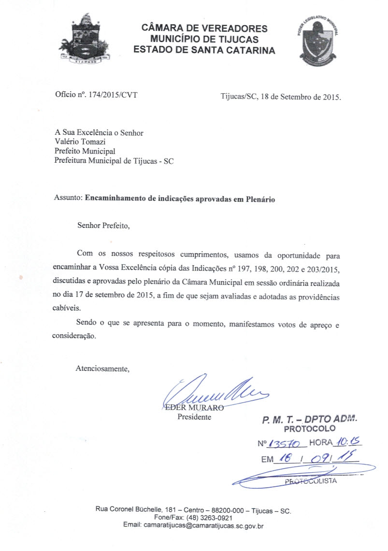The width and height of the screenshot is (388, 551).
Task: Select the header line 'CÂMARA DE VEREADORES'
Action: click(204, 28)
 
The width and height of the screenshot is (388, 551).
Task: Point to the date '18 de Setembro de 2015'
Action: click(301, 96)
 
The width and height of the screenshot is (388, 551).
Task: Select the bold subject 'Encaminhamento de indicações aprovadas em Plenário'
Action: click(180, 199)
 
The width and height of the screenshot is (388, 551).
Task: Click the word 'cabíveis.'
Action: click(67, 307)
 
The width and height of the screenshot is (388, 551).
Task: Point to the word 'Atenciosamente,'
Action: click(102, 369)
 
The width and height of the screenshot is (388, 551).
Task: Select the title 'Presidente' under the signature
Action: click(194, 417)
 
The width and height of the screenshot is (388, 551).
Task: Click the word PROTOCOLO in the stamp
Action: click(309, 429)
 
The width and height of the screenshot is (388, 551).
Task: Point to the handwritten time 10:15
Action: click(345, 442)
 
